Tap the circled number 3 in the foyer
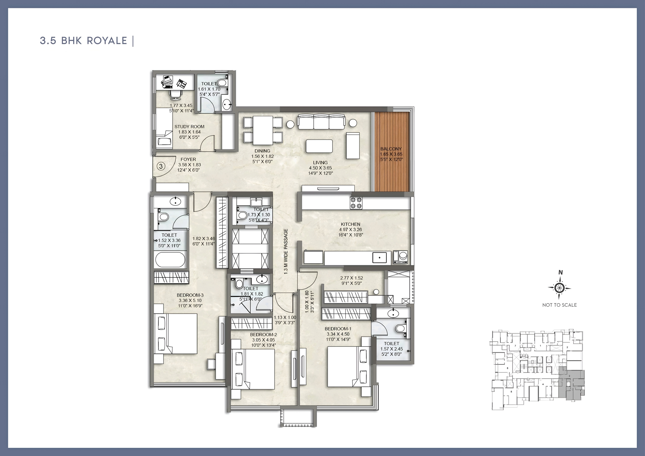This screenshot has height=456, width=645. (161, 166)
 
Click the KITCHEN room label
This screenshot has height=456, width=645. (350, 224)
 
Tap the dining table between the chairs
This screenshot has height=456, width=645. (263, 130)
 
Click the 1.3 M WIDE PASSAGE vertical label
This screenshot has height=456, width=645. (286, 251)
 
